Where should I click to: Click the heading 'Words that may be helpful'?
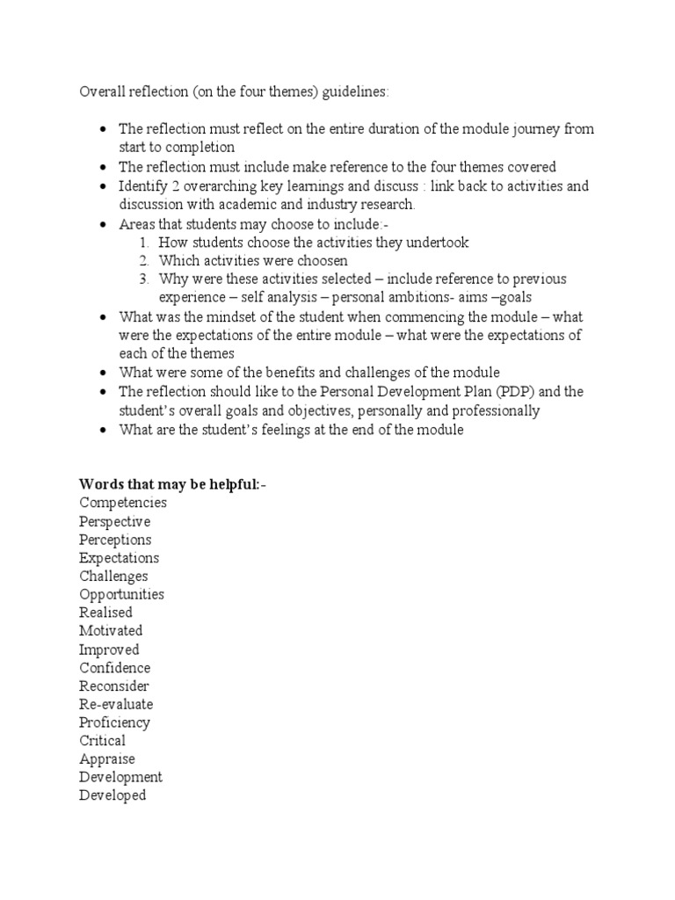(172, 484)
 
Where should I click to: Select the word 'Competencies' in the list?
(123, 503)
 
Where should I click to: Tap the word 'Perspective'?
(115, 521)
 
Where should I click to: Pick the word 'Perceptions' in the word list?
(115, 540)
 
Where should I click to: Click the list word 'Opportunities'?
(121, 594)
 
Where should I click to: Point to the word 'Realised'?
(105, 613)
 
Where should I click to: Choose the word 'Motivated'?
(111, 631)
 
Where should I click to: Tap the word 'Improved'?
(109, 650)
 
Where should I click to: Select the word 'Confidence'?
(115, 668)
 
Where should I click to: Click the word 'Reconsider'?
(114, 686)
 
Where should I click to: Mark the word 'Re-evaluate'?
(116, 704)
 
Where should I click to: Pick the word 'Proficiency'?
(114, 722)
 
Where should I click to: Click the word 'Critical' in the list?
(103, 741)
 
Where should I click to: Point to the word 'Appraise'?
(107, 759)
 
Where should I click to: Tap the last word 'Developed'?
(112, 795)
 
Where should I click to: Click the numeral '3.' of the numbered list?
(145, 279)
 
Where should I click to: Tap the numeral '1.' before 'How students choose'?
(145, 243)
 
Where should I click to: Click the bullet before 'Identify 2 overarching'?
(105, 187)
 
